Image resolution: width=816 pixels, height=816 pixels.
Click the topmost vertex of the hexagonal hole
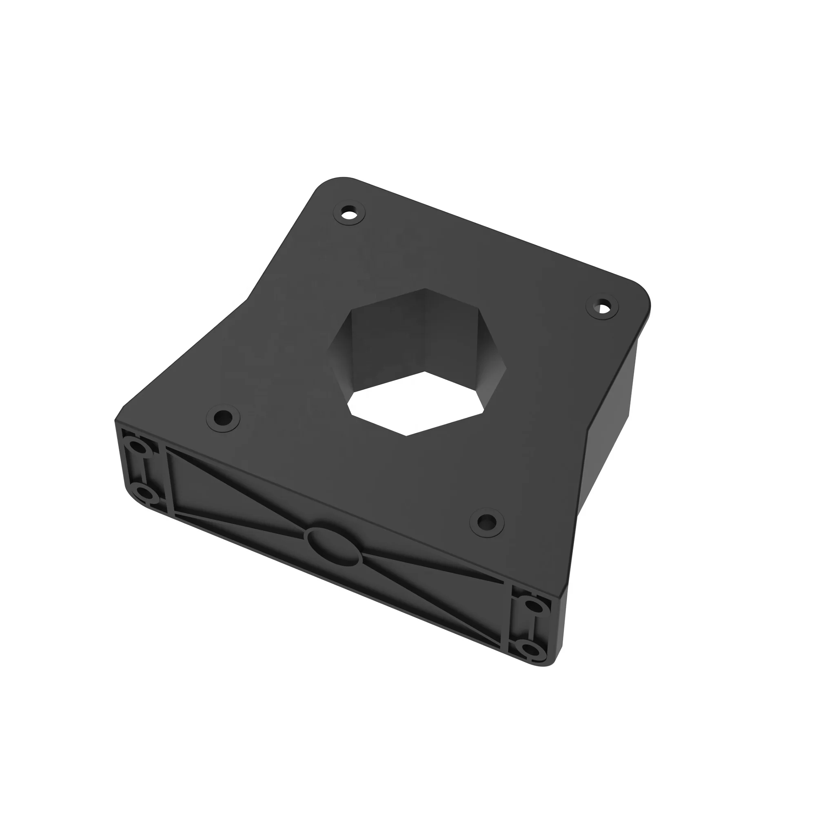(x=424, y=289)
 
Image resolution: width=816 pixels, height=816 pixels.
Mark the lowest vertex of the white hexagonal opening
(x=406, y=435)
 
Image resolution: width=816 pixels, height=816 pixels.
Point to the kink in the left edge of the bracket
(x=246, y=301)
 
